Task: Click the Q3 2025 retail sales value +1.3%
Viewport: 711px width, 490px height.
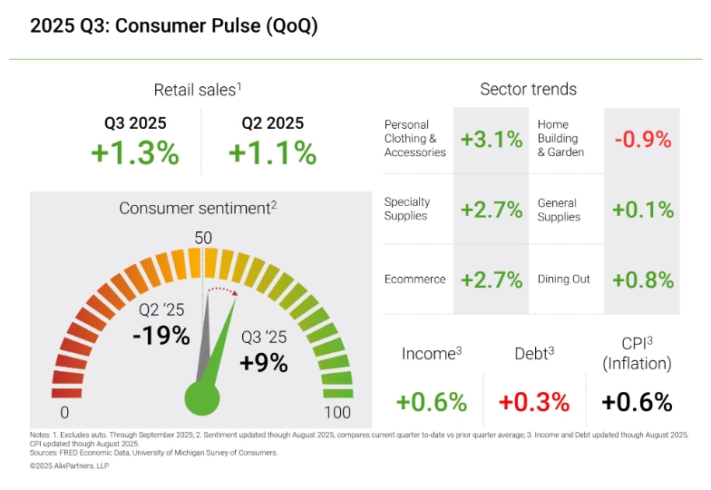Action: tap(135, 152)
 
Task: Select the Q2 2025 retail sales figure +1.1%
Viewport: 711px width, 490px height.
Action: tap(272, 152)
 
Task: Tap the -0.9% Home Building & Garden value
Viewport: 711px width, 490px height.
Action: tap(642, 140)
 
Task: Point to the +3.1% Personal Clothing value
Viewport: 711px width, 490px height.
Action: tap(492, 140)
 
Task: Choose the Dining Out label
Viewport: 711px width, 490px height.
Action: tap(564, 279)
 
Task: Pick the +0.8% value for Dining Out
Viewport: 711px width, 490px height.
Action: tap(643, 279)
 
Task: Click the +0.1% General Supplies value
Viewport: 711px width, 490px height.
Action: tap(643, 210)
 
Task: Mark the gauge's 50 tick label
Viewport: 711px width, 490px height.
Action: tap(203, 238)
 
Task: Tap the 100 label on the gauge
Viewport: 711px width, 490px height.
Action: tap(337, 414)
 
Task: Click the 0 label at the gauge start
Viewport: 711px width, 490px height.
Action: tap(64, 414)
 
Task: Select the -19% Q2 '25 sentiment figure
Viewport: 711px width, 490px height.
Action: tap(161, 336)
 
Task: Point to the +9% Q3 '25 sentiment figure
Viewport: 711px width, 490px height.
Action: tap(264, 363)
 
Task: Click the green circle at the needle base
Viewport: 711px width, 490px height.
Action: tap(203, 397)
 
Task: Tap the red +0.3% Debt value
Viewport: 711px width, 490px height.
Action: tap(534, 401)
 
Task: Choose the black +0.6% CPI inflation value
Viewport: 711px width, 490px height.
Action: tap(637, 401)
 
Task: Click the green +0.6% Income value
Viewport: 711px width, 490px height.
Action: tap(432, 401)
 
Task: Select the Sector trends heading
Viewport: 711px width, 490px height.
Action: tap(528, 89)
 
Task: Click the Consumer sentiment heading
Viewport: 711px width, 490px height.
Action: tap(198, 208)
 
